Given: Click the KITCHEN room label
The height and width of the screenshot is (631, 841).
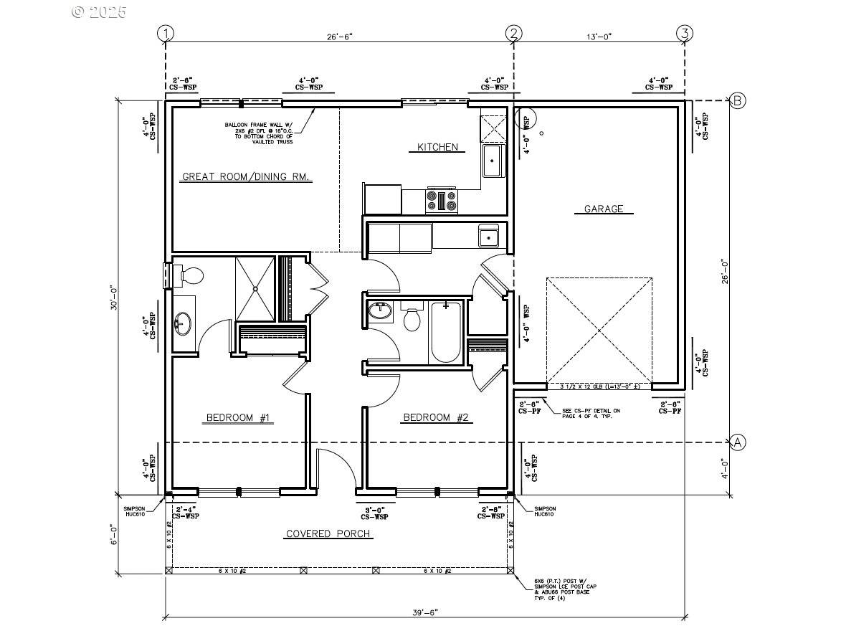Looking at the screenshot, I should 437,147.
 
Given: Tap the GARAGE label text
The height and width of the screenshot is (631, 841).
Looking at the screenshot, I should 603,209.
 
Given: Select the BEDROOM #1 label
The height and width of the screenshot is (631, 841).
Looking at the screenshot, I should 238,417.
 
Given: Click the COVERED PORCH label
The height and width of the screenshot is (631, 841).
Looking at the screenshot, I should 328,533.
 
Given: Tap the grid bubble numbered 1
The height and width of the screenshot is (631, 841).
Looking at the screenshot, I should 166,33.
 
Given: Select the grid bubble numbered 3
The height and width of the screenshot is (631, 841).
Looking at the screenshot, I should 685,33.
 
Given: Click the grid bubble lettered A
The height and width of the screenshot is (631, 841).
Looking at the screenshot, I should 738,442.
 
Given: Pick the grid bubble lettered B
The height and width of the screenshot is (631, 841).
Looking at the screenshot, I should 738,100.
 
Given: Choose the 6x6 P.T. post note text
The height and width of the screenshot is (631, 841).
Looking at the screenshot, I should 565,587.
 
